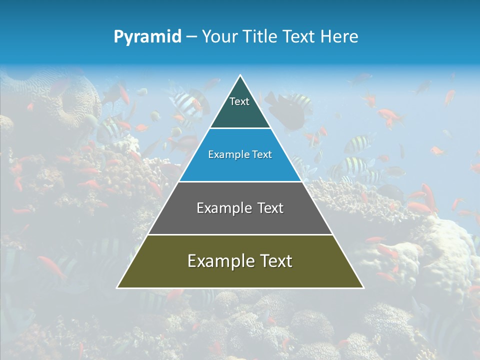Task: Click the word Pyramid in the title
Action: coord(147,37)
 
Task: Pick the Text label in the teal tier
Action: coord(239,101)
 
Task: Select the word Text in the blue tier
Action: coord(262,155)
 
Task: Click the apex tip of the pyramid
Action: coord(240,75)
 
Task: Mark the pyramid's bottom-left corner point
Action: coord(117,288)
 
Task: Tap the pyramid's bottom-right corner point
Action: coord(363,288)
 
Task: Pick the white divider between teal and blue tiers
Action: coord(240,128)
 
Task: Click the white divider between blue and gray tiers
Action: coord(240,181)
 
